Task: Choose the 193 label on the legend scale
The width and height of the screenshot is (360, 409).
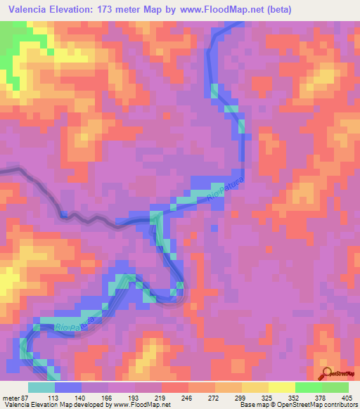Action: (x=136, y=397)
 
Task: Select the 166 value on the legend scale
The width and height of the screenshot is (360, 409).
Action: (x=108, y=397)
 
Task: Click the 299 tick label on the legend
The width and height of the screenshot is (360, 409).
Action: (x=242, y=397)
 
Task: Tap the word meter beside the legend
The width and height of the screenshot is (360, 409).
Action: (x=12, y=397)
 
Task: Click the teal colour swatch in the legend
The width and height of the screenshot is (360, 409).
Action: (x=41, y=387)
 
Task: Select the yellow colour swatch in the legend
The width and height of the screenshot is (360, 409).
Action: (x=281, y=387)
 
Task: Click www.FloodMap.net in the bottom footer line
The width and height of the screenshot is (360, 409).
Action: (x=145, y=405)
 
